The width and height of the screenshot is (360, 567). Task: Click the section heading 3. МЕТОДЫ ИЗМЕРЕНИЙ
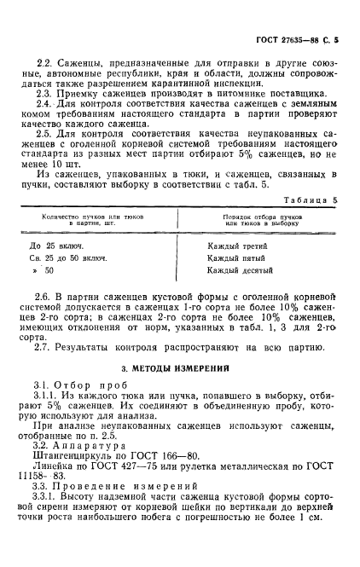coord(177,368)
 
